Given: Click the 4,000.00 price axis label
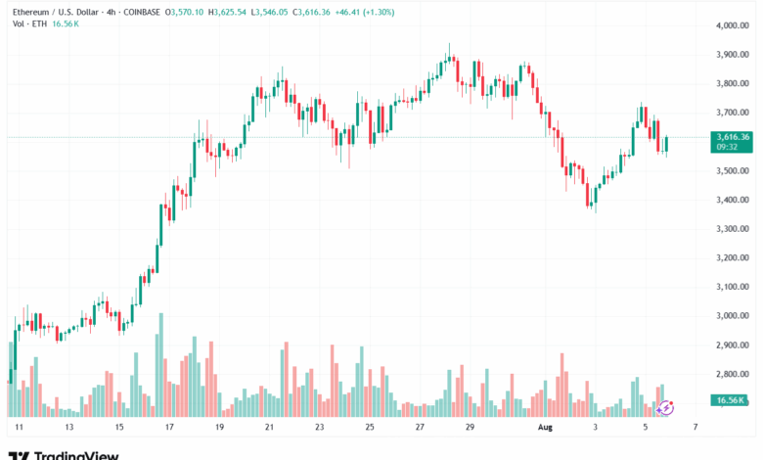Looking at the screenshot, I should tap(733, 25).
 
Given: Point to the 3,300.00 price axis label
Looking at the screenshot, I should tap(733, 229).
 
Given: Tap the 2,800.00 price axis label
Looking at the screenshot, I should tap(733, 375).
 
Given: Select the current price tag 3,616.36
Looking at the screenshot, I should tap(733, 137).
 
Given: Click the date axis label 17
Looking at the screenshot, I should tap(169, 428).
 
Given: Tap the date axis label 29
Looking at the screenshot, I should tap(470, 428).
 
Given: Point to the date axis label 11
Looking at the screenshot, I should tap(20, 428).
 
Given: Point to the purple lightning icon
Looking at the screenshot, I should tap(667, 406).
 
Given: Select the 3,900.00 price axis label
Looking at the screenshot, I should tap(733, 55).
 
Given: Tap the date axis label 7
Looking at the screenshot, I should tap(695, 428).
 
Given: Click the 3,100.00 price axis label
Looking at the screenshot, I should tap(733, 287).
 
